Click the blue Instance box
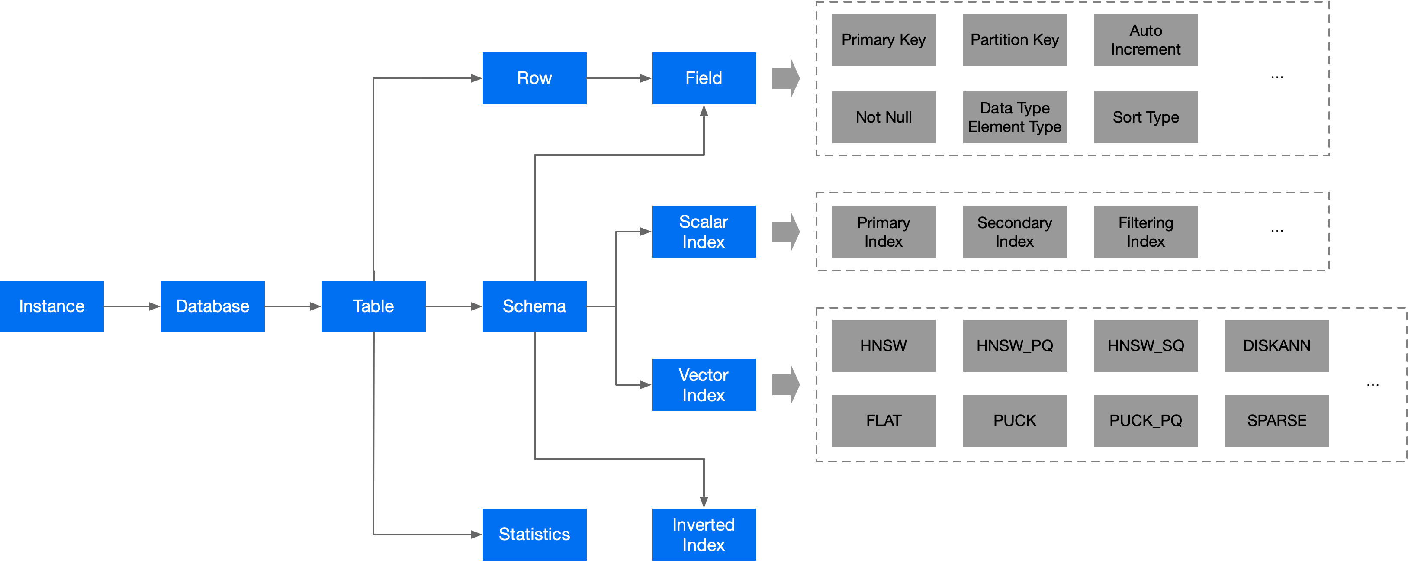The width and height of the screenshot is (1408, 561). tap(52, 306)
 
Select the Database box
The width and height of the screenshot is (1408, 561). tap(212, 306)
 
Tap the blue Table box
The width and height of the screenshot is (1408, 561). tap(373, 306)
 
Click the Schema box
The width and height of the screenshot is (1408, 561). tap(534, 306)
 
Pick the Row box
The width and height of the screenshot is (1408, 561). tap(534, 78)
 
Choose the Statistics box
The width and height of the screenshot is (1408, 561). tap(534, 534)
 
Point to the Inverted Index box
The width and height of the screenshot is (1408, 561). tap(704, 534)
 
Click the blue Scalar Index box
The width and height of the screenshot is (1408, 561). tap(704, 231)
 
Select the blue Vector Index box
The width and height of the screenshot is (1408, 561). tap(704, 384)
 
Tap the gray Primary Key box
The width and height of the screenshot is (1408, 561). tap(883, 40)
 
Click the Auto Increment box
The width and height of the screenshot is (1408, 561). tap(1146, 40)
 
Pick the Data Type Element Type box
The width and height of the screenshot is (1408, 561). tap(1014, 117)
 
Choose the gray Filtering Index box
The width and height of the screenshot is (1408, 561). tap(1146, 232)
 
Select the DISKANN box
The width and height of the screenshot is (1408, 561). tap(1277, 345)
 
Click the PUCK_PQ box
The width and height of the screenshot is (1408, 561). tap(1146, 420)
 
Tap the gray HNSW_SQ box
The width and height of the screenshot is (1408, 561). tap(1146, 345)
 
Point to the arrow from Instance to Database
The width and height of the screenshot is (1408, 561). tap(132, 306)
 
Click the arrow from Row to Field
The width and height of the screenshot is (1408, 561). tap(619, 78)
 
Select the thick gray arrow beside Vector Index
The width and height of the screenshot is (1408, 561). tap(786, 384)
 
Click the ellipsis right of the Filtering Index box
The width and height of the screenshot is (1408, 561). tap(1277, 231)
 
